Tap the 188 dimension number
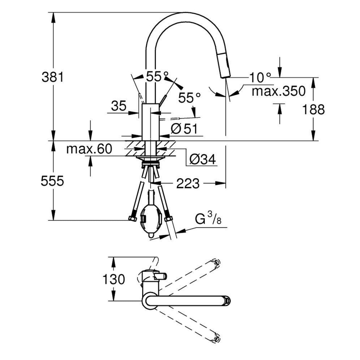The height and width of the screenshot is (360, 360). point(313,109)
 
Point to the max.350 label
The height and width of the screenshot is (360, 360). point(278,91)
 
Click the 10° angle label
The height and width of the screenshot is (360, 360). point(260,78)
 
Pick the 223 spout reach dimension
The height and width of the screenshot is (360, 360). point(188,184)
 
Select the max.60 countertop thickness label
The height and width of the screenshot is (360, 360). point(89,149)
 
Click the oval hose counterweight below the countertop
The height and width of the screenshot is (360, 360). point(151,217)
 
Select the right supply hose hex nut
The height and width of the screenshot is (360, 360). point(168,219)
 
